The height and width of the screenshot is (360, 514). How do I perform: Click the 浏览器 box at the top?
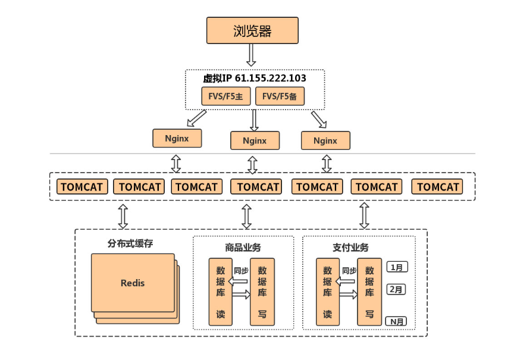pyautogui.click(x=252, y=30)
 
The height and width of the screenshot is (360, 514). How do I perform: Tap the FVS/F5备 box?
pyautogui.click(x=280, y=96)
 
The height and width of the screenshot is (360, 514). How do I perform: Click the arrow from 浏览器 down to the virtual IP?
pyautogui.click(x=251, y=55)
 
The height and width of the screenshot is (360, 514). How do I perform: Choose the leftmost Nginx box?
pyautogui.click(x=177, y=138)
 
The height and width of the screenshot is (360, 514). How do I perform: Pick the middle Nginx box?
pyautogui.click(x=255, y=141)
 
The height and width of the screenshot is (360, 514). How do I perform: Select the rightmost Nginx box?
pyautogui.click(x=325, y=141)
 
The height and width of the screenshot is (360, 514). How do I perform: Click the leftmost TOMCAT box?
pyautogui.click(x=82, y=187)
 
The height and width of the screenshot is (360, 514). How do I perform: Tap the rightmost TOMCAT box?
pyautogui.click(x=438, y=187)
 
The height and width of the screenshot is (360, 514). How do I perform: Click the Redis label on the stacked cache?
pyautogui.click(x=132, y=283)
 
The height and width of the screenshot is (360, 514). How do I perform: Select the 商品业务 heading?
pyautogui.click(x=243, y=247)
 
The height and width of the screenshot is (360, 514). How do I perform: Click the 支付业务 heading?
pyautogui.click(x=350, y=247)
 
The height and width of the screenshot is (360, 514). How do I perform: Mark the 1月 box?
pyautogui.click(x=397, y=267)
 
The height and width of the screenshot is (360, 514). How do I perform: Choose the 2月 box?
pyautogui.click(x=397, y=290)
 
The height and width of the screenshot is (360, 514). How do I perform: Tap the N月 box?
pyautogui.click(x=397, y=321)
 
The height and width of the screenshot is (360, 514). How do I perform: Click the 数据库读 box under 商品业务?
pyautogui.click(x=220, y=292)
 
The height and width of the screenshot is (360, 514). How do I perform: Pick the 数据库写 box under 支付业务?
pyautogui.click(x=369, y=292)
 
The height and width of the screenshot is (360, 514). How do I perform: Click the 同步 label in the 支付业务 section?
pyautogui.click(x=349, y=271)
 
